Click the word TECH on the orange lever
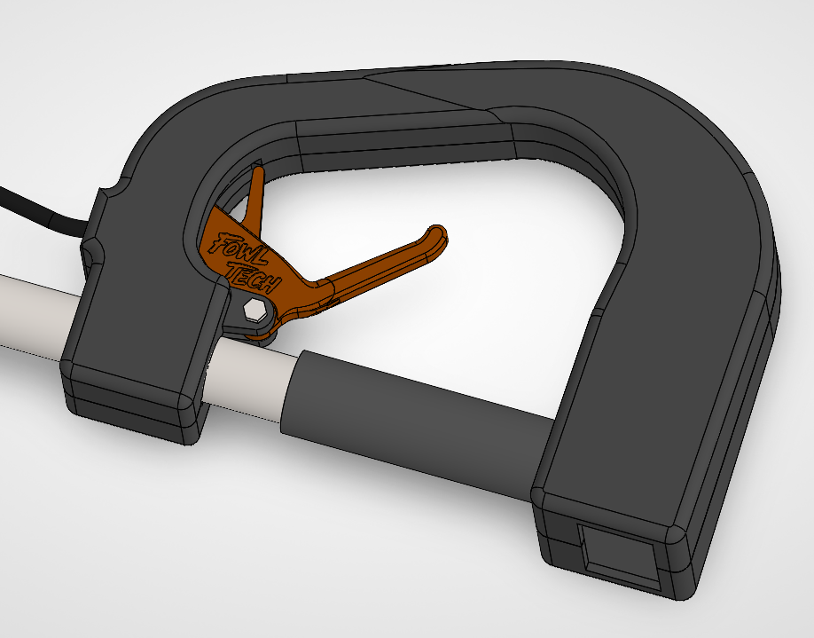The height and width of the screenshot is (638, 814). (x=254, y=278)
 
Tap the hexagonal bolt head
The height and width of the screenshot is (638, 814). (x=254, y=311)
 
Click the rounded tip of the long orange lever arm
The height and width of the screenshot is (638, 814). (x=437, y=236)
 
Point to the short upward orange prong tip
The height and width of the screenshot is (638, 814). (x=257, y=171)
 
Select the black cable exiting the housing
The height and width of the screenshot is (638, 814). (x=42, y=213)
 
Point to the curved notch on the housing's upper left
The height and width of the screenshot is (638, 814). (x=115, y=186)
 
